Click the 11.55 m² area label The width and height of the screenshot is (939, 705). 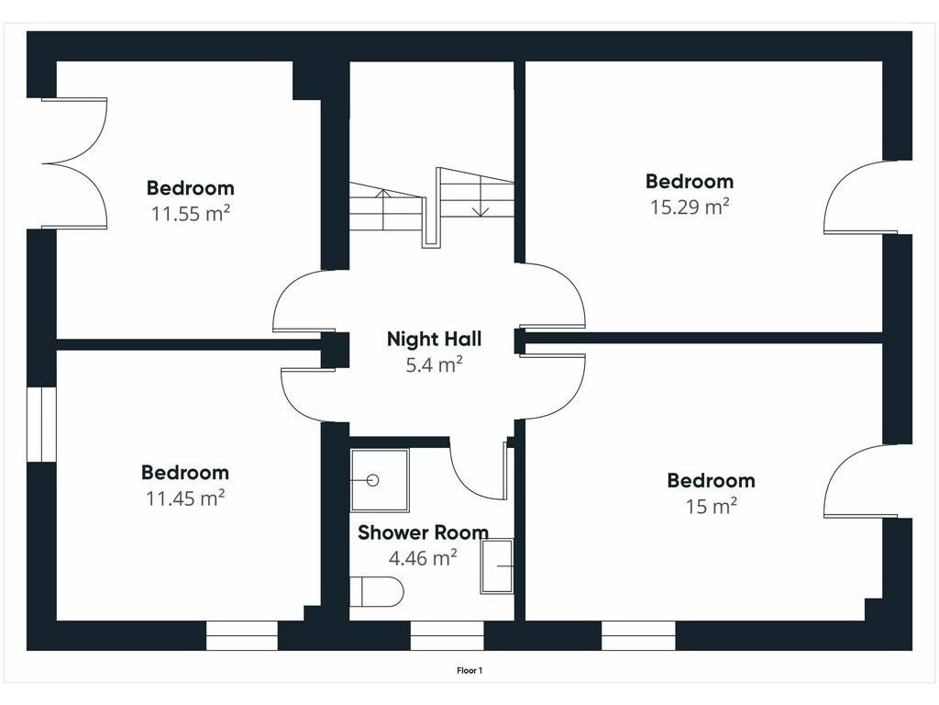(191, 213)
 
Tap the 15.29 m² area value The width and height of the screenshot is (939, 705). (690, 207)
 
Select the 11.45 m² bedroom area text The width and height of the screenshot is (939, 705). (185, 498)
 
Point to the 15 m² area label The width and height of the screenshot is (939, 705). (711, 507)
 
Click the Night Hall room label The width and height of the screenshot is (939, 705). (434, 339)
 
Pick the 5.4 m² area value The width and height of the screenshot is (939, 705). (434, 364)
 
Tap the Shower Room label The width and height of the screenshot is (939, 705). (423, 532)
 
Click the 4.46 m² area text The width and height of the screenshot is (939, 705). (423, 558)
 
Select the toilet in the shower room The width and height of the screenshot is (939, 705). (377, 592)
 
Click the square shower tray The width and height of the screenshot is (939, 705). (380, 480)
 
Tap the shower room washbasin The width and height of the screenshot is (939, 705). (496, 565)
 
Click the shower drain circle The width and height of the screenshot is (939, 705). (373, 480)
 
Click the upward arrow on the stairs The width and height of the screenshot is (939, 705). (383, 209)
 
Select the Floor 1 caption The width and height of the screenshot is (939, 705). (469, 671)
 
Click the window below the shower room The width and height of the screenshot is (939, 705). (447, 635)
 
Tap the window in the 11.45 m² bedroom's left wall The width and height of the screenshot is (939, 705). (41, 424)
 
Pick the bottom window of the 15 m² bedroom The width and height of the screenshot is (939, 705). (638, 635)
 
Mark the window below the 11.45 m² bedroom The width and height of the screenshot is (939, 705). (242, 635)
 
